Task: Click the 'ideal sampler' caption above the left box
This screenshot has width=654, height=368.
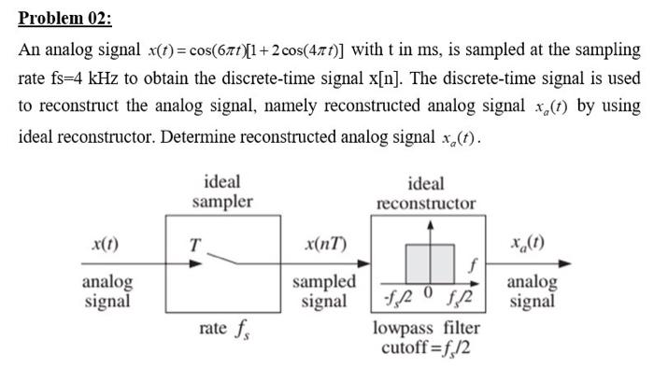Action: click(221, 191)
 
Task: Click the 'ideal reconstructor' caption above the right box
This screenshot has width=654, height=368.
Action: click(425, 193)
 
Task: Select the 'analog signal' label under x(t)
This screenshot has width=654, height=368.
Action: click(107, 290)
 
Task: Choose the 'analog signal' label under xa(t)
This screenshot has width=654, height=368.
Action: click(531, 290)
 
